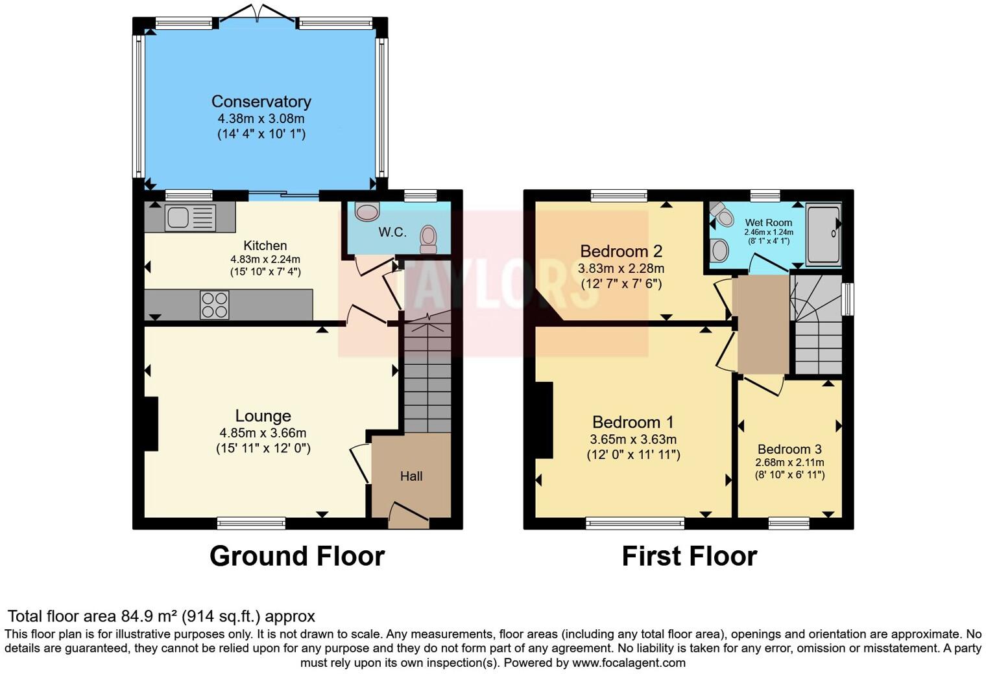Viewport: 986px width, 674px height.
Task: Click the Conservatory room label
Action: point(261,102)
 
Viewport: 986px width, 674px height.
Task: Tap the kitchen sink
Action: point(191,217)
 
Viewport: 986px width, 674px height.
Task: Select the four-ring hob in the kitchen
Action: point(214,305)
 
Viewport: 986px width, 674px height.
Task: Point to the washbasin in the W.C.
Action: point(367,211)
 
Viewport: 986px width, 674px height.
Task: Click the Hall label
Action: point(411,476)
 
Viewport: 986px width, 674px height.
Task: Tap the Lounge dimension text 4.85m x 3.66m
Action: point(263,433)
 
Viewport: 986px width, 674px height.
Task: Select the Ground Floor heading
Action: point(297,556)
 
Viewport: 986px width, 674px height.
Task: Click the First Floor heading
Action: point(690,556)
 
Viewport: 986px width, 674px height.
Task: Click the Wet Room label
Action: point(769,222)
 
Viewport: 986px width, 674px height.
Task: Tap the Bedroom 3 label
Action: point(789,449)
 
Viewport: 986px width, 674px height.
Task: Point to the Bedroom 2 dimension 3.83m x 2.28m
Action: point(621,268)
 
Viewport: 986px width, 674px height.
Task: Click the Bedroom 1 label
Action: point(633,422)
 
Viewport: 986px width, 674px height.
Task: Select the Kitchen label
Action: point(265,246)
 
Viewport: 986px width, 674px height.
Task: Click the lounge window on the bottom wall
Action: point(251,523)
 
